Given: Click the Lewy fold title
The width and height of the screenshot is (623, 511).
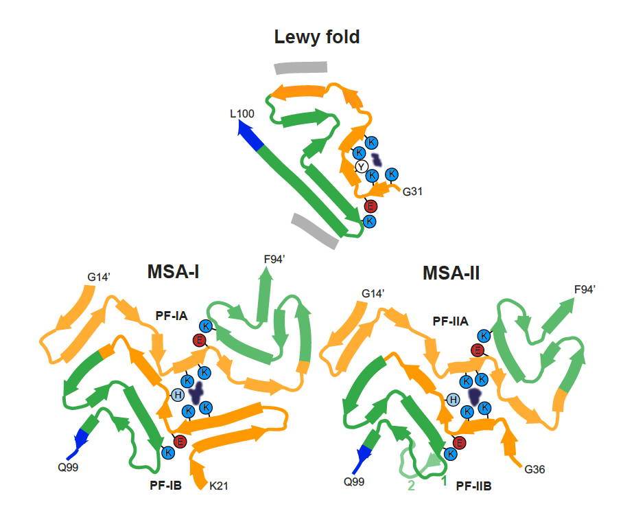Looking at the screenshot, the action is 317,37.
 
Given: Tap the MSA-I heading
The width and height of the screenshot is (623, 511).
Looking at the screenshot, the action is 173,272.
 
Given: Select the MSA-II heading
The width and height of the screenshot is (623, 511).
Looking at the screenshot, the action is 451,273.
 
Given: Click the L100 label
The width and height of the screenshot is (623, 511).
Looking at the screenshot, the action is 242,114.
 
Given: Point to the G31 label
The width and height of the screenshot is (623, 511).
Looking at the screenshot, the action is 412,192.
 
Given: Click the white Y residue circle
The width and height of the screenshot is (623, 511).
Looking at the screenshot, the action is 361,167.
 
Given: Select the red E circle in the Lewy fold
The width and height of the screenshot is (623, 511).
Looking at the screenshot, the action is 371,206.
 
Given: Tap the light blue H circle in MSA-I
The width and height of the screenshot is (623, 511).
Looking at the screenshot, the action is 178,395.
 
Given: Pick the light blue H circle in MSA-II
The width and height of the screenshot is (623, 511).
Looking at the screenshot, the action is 453,400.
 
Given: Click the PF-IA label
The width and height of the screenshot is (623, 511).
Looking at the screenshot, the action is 172,316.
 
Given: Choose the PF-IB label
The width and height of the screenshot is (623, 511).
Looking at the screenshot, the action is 166,486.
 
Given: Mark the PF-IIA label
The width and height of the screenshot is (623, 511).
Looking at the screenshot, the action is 450,321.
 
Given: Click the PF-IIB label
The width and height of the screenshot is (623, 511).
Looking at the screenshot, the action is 474,486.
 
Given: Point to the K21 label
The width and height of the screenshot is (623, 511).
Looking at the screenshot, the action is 218,486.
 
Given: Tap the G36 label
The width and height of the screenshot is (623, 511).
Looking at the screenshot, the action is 534,470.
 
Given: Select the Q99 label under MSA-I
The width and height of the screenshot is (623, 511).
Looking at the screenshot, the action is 68,467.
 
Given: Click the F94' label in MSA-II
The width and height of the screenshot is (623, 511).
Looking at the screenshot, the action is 585,290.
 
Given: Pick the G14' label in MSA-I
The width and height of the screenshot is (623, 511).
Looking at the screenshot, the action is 99,277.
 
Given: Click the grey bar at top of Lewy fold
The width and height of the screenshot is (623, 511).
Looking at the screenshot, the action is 301,67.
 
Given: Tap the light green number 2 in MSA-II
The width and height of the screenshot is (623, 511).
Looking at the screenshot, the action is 411,486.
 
